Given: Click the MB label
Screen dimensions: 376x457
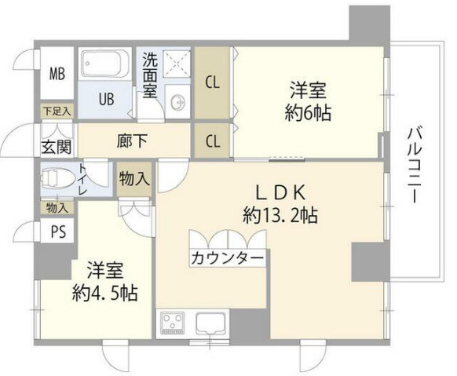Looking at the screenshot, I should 57,75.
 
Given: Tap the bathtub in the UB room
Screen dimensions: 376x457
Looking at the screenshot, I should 104,62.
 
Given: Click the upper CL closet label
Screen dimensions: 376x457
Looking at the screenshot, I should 213,80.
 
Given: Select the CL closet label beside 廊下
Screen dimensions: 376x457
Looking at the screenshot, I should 212,142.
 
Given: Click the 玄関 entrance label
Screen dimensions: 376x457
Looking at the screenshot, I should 56,146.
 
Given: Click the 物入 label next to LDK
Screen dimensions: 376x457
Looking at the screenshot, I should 134,179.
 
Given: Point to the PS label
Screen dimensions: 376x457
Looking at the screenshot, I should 57,232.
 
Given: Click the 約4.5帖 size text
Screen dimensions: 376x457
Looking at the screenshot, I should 105,293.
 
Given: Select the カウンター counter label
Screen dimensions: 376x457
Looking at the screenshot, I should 227,257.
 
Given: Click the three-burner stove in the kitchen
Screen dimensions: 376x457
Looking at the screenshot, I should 170,322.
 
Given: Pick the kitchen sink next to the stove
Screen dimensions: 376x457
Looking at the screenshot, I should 210,322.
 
